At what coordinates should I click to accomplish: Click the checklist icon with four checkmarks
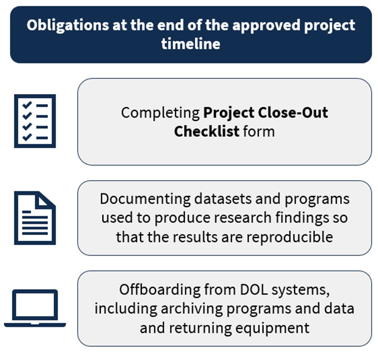point(35,121)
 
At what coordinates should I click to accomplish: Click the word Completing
point(161,113)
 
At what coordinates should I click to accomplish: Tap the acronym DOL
point(249,290)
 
